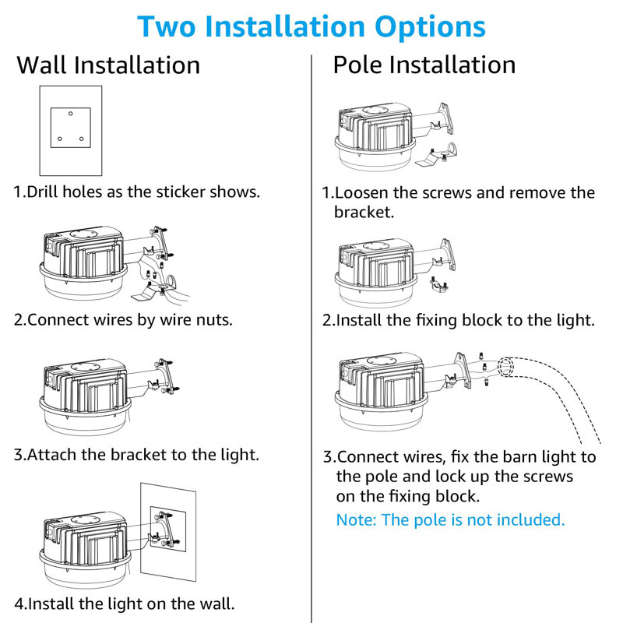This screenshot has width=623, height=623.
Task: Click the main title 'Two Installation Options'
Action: (x=311, y=26)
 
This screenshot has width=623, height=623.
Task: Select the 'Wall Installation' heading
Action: (x=108, y=65)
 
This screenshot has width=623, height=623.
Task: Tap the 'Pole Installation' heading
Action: (x=424, y=65)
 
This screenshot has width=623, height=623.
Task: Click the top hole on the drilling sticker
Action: (x=70, y=114)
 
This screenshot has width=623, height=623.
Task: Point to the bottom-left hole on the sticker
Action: (x=59, y=139)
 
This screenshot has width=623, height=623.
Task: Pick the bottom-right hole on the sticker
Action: (x=81, y=139)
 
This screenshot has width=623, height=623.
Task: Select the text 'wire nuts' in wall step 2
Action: (x=198, y=319)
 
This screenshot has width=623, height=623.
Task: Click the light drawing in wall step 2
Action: (x=86, y=261)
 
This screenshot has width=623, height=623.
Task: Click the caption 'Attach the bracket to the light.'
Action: (x=143, y=454)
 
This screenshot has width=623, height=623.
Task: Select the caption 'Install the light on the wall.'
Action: (x=131, y=604)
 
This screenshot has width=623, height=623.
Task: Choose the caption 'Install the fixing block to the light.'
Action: (x=465, y=319)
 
